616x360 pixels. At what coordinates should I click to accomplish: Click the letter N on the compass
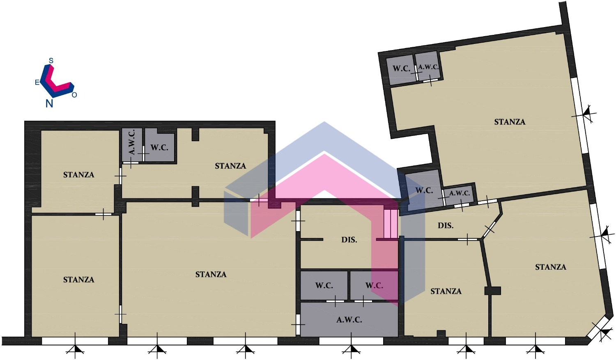coord(49,103)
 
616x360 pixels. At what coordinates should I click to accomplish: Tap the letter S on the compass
coord(51,60)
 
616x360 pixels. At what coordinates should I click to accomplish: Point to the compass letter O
coord(74,95)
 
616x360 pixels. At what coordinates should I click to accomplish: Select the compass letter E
coord(37,82)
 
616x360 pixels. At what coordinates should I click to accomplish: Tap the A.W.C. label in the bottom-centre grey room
coord(349,320)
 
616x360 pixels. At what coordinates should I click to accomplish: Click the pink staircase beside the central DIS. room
coord(391,224)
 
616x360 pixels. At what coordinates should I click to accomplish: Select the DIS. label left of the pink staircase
coord(349,240)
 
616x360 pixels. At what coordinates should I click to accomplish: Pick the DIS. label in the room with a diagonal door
coord(446,226)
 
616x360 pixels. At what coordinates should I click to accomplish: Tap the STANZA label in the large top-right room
coord(510,122)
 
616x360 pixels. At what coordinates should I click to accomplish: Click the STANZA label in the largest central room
coord(211,274)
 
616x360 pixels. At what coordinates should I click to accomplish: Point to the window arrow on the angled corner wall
coord(604,332)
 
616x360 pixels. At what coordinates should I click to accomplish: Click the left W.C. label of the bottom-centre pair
coord(324,286)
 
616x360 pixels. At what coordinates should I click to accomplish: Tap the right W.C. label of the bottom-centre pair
coord(374,286)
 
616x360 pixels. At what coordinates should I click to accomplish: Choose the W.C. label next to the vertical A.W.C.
coord(159,148)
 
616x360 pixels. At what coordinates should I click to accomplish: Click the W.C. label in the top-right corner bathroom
coord(402,69)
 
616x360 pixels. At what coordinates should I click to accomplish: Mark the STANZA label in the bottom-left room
coord(79,280)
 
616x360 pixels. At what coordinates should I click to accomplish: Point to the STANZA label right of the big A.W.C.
coord(446,291)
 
